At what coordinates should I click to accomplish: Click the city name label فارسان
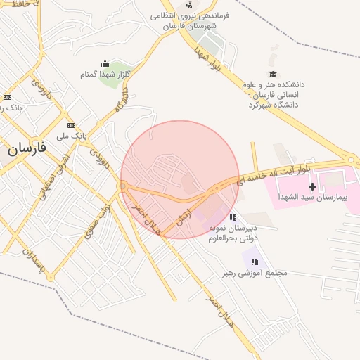[27, 148]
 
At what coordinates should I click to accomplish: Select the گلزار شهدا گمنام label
[105, 74]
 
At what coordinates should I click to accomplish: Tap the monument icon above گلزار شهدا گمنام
[105, 64]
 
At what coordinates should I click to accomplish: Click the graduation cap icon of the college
[273, 75]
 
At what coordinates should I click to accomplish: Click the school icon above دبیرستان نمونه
[233, 217]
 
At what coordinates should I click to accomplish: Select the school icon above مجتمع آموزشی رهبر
[255, 262]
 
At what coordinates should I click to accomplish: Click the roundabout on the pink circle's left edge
[123, 186]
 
